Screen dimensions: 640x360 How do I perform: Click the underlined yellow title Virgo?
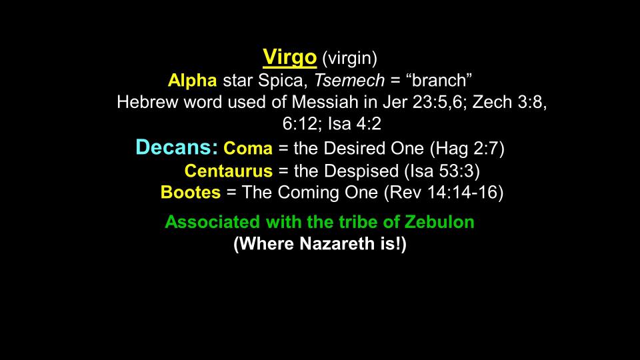click(290, 57)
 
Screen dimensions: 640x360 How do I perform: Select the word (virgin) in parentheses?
click(350, 59)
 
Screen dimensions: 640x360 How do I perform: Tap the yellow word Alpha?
click(192, 81)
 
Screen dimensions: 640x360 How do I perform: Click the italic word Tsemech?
click(349, 81)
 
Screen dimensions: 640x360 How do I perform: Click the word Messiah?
click(325, 102)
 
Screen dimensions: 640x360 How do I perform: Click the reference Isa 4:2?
click(355, 124)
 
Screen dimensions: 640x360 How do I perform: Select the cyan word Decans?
click(177, 147)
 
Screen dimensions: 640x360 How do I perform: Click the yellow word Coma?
click(248, 148)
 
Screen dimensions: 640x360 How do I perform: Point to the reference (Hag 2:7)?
click(467, 149)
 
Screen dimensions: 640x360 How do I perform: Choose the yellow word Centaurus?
click(229, 171)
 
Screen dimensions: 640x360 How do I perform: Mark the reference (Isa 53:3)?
click(442, 171)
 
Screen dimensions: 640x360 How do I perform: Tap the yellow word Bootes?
click(191, 193)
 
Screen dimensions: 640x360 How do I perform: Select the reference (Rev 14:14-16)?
click(444, 193)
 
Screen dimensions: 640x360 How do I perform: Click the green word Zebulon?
click(439, 222)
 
